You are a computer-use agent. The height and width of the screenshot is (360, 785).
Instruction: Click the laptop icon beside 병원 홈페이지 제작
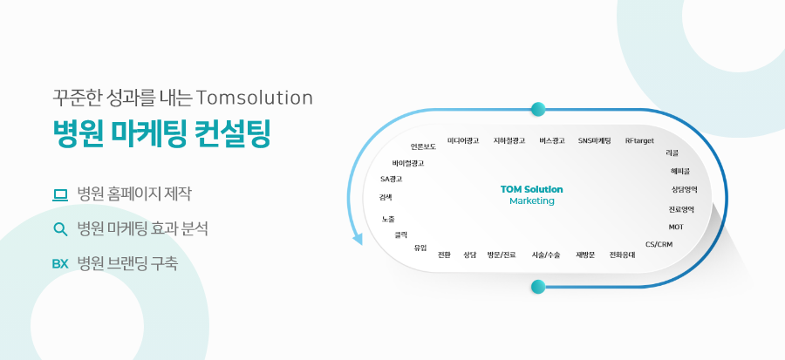tap(60, 194)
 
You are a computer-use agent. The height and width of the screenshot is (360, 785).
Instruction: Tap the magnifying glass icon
tap(60, 229)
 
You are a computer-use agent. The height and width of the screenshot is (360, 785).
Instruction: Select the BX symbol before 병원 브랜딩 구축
tap(60, 264)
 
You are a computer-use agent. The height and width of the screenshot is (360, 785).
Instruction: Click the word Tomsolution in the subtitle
tap(255, 98)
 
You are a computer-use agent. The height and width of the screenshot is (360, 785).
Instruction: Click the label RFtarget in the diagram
tap(639, 141)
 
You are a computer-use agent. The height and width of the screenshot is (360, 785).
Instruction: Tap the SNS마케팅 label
tap(594, 140)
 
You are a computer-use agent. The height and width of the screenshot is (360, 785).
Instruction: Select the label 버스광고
tap(552, 140)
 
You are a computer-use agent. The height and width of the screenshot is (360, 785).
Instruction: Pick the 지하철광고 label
tap(509, 140)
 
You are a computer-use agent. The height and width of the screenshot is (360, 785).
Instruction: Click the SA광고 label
tap(391, 179)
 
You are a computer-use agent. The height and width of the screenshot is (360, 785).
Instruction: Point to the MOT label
tap(676, 227)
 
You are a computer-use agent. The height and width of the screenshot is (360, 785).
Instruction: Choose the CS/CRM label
tap(659, 244)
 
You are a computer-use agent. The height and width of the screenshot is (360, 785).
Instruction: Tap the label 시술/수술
tap(546, 255)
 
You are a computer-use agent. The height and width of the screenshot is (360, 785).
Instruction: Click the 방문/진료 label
tap(502, 255)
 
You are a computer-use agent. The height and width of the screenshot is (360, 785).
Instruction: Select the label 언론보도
tap(423, 146)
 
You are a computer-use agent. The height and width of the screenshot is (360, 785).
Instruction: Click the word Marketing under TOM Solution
tap(532, 201)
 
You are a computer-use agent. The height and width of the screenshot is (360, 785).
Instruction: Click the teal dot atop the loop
tap(538, 109)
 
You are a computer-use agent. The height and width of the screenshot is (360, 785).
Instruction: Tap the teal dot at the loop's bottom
tap(538, 287)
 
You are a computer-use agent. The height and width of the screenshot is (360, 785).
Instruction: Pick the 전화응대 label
tap(622, 255)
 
